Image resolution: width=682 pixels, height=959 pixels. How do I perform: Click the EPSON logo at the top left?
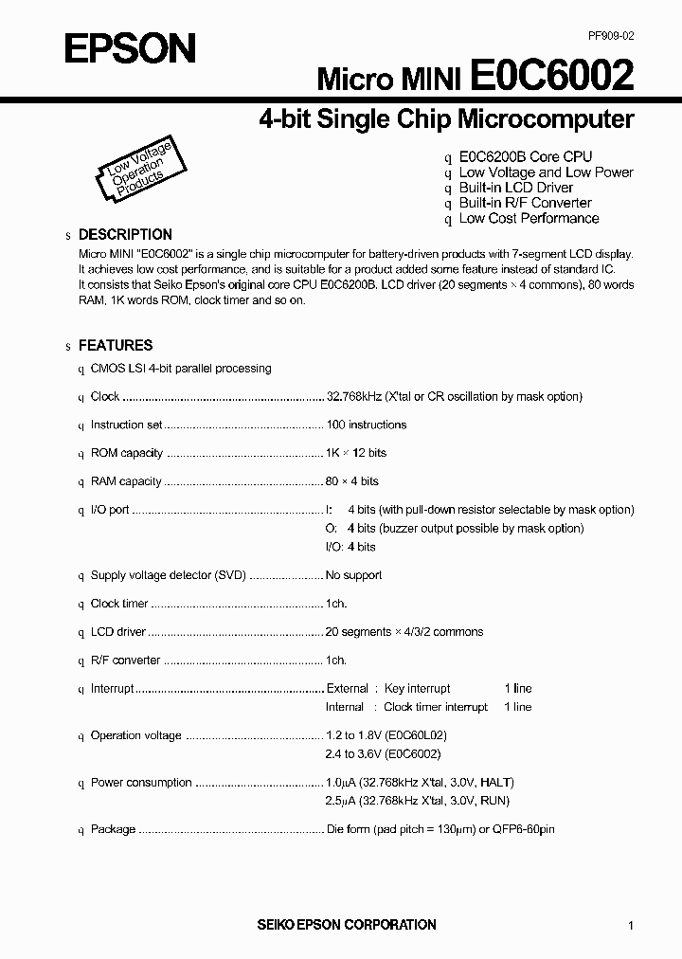point(130,47)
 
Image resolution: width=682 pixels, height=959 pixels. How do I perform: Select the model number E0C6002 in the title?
point(551,75)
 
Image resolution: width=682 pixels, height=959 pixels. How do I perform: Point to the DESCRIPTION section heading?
point(125,235)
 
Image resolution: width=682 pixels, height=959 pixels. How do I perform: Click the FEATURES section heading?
point(115,346)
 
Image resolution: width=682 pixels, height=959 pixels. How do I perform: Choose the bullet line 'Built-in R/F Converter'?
point(525,203)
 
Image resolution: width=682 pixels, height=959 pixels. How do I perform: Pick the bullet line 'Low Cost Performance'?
point(529,218)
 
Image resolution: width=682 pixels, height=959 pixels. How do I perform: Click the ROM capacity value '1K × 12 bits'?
point(356,453)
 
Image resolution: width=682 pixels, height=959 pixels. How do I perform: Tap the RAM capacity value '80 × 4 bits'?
point(352,481)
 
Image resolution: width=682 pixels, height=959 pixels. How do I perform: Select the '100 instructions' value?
point(366,425)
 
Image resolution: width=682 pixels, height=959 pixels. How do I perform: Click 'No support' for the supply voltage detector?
point(353,575)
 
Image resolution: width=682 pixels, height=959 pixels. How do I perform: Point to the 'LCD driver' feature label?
point(117,632)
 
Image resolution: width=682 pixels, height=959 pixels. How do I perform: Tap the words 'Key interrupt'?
point(417,689)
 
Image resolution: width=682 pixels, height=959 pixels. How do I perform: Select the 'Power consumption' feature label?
point(140,783)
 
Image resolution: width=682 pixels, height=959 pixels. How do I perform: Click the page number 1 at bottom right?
point(630,926)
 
